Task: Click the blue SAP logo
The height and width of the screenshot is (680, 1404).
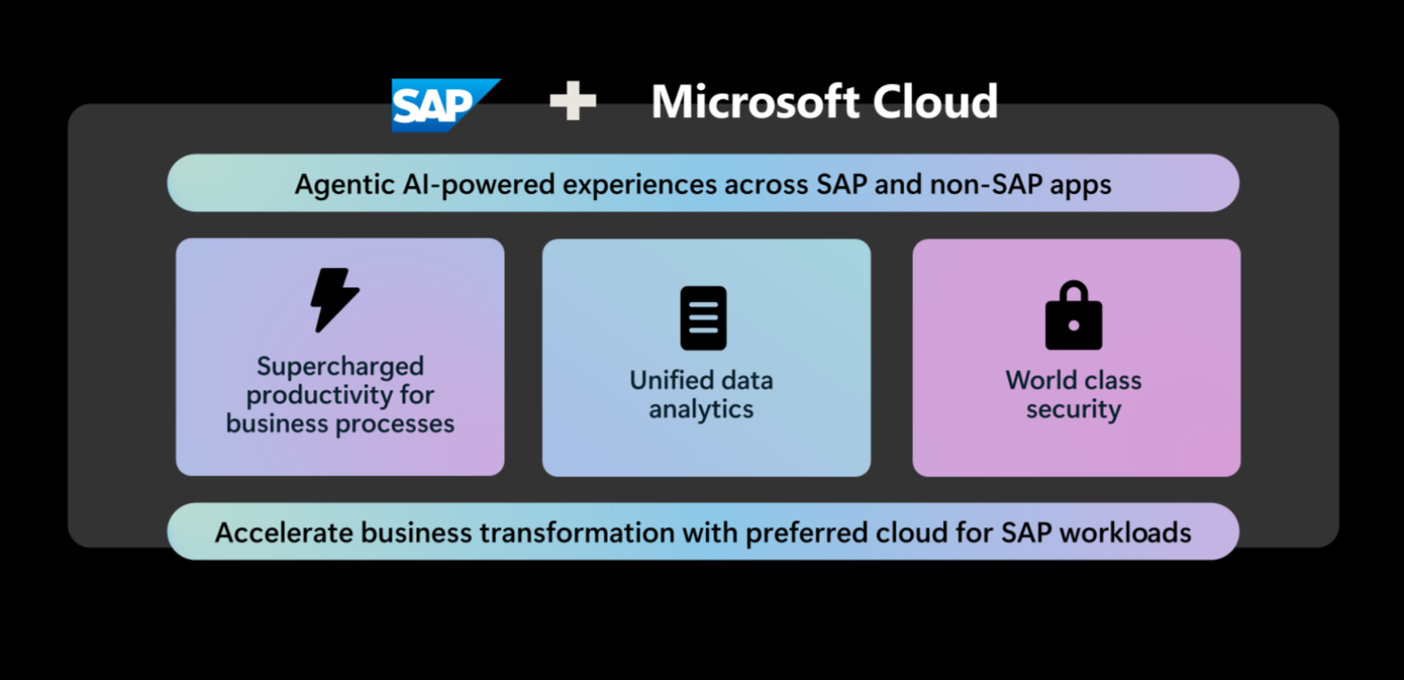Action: pyautogui.click(x=446, y=106)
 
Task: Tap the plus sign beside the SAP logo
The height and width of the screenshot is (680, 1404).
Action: pyautogui.click(x=573, y=100)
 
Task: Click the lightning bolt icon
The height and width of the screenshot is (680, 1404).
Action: pyautogui.click(x=335, y=300)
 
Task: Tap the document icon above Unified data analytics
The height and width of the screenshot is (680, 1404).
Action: pyautogui.click(x=703, y=318)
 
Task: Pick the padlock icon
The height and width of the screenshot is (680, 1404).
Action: pyautogui.click(x=1073, y=315)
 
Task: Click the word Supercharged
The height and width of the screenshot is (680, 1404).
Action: pyautogui.click(x=340, y=367)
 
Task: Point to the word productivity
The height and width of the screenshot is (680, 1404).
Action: pyautogui.click(x=320, y=395)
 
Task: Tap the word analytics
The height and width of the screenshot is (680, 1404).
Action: pyautogui.click(x=701, y=409)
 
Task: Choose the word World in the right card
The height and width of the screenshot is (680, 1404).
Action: pyautogui.click(x=1038, y=380)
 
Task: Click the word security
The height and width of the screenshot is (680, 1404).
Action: pyautogui.click(x=1073, y=409)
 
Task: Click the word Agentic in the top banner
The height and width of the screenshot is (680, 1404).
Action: pyautogui.click(x=344, y=185)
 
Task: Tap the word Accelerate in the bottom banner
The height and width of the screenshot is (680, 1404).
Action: pyautogui.click(x=283, y=532)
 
